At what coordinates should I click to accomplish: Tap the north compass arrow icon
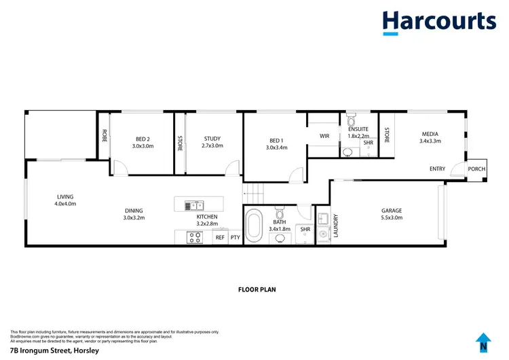point(483,342)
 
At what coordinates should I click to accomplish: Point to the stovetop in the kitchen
point(195,237)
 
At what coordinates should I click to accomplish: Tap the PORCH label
point(476,169)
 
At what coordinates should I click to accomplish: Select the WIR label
point(324,136)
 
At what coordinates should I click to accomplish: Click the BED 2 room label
point(142,139)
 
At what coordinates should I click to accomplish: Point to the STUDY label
point(212,139)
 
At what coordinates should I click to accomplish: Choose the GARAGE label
point(392,211)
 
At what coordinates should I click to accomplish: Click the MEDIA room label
point(430,134)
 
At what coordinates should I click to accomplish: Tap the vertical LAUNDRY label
point(336,226)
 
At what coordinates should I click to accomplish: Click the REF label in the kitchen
point(219,238)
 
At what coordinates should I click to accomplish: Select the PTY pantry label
point(235,238)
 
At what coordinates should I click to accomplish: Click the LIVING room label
point(66,197)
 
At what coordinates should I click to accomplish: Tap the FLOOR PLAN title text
point(257,289)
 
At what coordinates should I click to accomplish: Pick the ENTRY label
point(438,169)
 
